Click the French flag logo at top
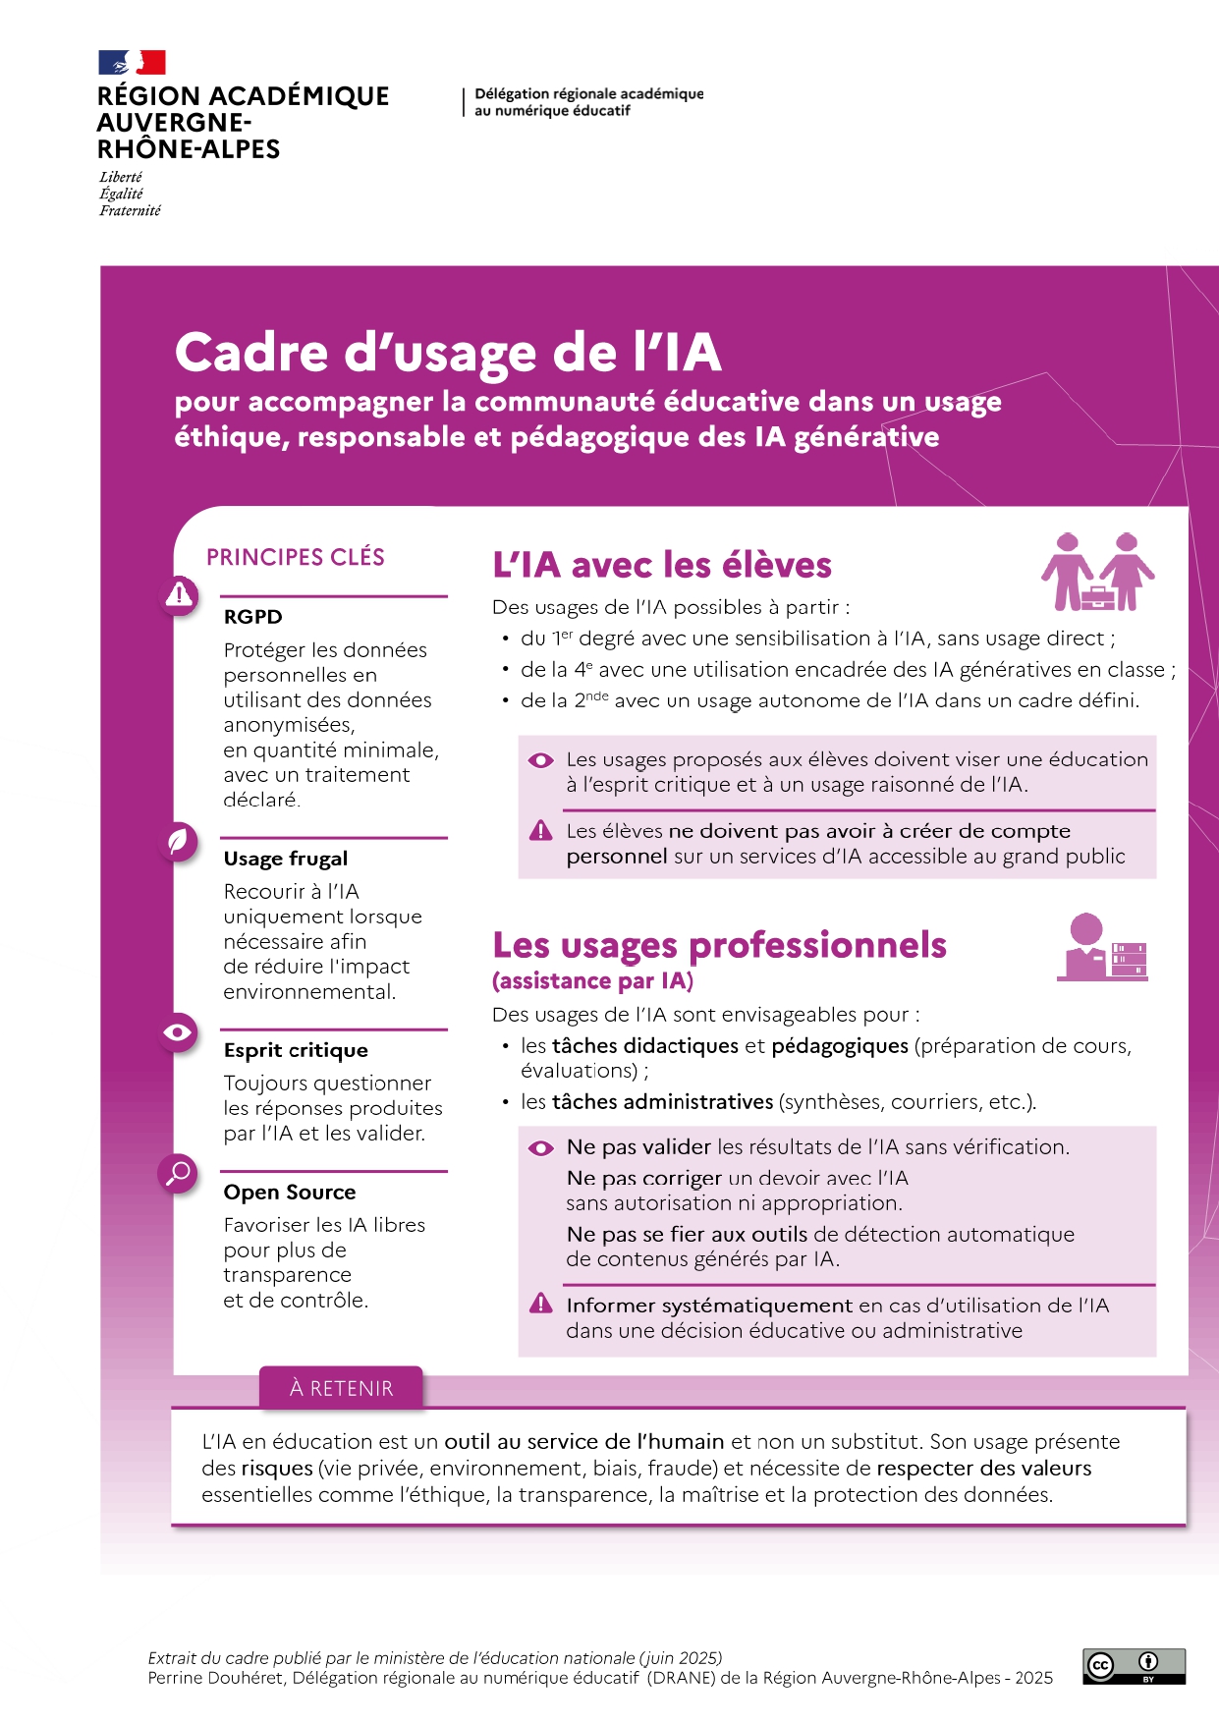tap(132, 63)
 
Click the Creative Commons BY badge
tap(1134, 1666)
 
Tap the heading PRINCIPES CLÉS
tap(295, 558)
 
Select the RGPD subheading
tap(252, 617)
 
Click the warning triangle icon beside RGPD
tap(179, 594)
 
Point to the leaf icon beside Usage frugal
tap(179, 842)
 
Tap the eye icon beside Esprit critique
tap(179, 1032)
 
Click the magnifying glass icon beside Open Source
tap(179, 1173)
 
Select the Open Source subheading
tap(290, 1193)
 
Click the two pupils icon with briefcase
tap(1097, 572)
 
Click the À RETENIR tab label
tap(341, 1388)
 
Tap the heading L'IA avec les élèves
tap(661, 565)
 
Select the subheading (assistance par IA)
tap(592, 980)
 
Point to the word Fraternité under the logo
tap(130, 210)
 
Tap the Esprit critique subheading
tap(296, 1050)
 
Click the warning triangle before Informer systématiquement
tap(541, 1304)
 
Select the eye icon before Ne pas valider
tap(541, 1147)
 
